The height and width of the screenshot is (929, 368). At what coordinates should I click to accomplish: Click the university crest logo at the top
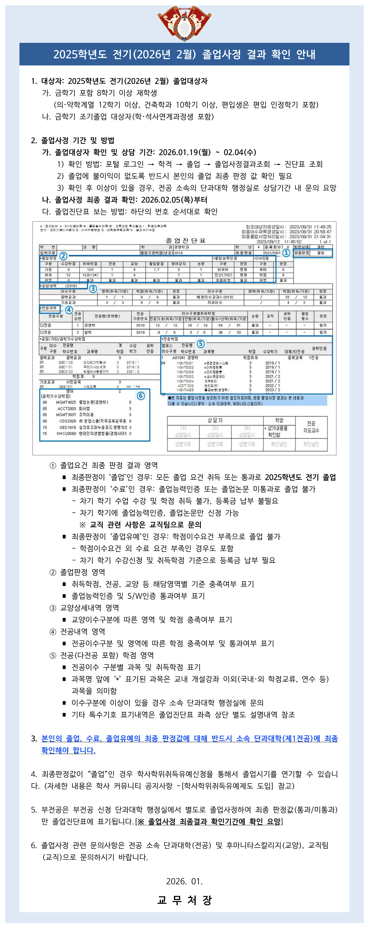click(x=184, y=22)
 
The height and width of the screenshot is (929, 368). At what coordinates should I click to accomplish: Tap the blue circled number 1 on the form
click(x=286, y=253)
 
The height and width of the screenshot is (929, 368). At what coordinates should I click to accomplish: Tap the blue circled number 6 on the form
click(x=141, y=396)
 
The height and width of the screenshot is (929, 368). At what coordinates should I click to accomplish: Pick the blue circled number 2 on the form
click(x=63, y=256)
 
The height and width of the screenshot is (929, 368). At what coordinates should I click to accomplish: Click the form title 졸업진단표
click(x=185, y=240)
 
